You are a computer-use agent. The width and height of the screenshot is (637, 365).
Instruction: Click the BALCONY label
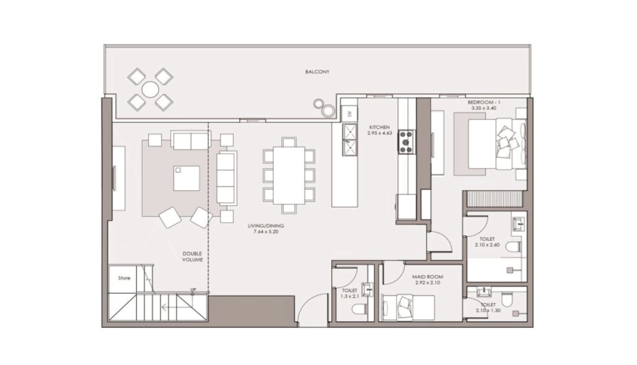click(317, 72)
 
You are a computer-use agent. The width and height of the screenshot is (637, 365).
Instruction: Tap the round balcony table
click(151, 89)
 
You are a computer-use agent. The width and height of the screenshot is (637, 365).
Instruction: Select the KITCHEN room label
click(379, 127)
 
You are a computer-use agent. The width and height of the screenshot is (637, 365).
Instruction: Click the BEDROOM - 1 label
click(484, 103)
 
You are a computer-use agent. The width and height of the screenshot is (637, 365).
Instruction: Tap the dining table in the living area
click(289, 175)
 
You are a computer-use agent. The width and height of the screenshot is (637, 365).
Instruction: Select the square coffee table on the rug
click(186, 178)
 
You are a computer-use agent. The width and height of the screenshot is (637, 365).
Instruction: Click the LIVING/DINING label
click(266, 225)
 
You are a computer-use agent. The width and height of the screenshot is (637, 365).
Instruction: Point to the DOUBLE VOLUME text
click(192, 257)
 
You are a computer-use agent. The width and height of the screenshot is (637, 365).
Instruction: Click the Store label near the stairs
click(125, 278)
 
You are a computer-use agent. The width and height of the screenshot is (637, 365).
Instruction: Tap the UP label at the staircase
click(193, 290)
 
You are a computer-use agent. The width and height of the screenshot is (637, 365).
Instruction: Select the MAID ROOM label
click(427, 277)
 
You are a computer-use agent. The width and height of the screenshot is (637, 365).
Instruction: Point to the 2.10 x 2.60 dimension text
click(487, 245)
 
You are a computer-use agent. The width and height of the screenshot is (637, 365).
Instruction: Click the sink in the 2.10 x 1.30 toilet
click(484, 292)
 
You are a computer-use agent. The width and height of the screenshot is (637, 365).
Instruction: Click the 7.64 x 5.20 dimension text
click(266, 232)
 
